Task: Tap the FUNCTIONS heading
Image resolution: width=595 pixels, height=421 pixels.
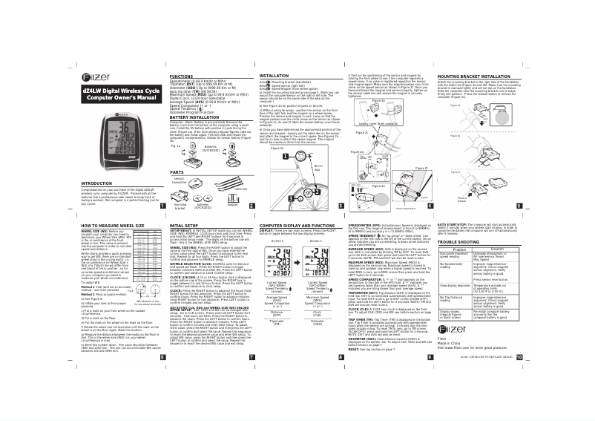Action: coord(183,76)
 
